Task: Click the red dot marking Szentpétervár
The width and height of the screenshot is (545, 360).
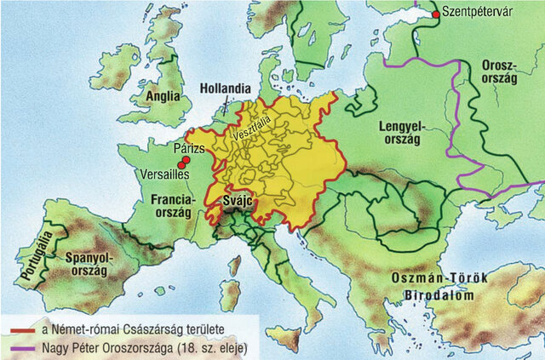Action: coord(436,14)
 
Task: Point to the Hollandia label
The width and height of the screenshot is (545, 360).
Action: coord(226,88)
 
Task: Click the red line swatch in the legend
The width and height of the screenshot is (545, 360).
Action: coord(20,327)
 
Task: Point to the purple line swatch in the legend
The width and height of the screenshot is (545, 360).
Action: coord(20,347)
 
